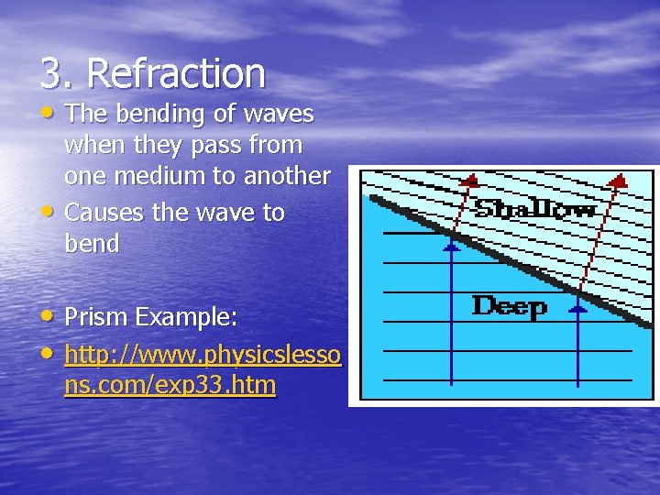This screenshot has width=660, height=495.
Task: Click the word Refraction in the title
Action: coord(178,73)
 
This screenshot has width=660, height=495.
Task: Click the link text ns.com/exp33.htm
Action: coord(170,386)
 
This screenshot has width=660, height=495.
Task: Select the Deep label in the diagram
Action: coord(509,306)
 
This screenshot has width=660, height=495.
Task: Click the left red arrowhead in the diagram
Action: coord(469,180)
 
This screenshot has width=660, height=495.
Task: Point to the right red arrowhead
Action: coord(618,181)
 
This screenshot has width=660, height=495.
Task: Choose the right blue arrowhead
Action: coord(577,309)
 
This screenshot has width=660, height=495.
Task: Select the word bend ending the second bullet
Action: coord(92,245)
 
